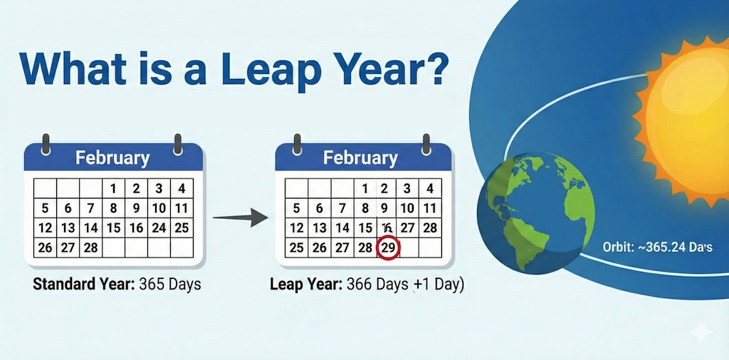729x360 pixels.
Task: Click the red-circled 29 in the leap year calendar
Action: [x=388, y=248]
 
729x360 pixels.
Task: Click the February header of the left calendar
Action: [x=113, y=157]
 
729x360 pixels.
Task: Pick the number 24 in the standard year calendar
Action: [x=159, y=228]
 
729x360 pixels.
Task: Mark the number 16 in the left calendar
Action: [x=136, y=228]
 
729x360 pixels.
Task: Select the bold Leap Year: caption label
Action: [x=306, y=285]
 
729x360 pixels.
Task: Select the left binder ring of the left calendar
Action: [x=46, y=142]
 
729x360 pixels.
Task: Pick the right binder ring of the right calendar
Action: [x=426, y=142]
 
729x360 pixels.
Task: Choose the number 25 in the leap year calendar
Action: [x=296, y=248]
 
